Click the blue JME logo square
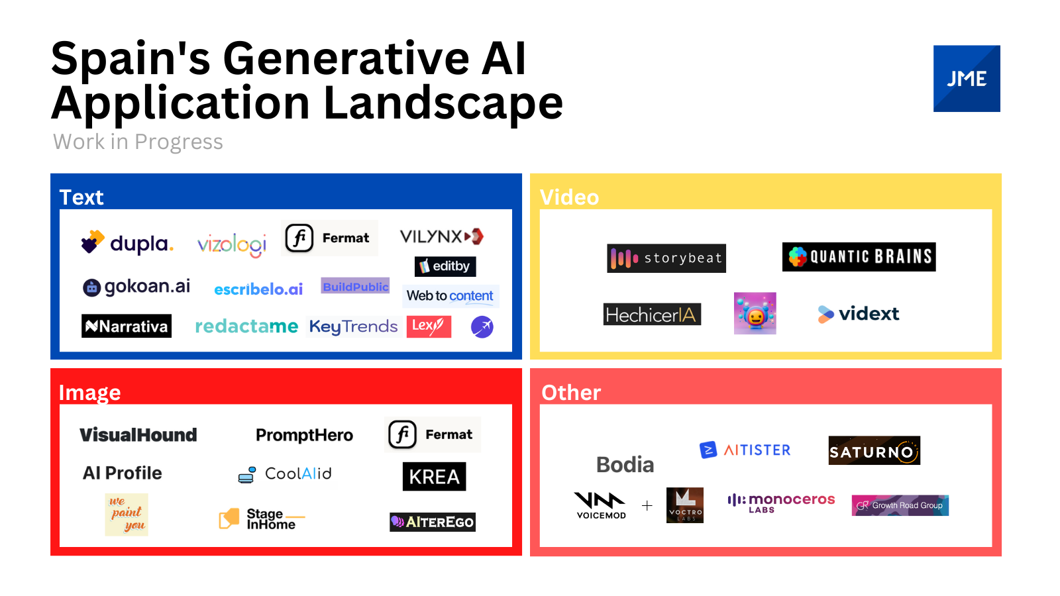967,79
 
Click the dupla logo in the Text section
127,243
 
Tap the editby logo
445,266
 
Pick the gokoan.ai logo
136,287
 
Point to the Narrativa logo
127,326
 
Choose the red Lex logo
429,326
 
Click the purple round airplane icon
482,326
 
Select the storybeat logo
666,258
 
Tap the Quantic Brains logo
859,257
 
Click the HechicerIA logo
652,315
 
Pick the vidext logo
859,314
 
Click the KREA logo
434,476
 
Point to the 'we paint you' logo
127,515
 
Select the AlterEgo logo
433,522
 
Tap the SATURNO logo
874,451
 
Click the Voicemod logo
600,505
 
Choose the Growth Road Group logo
900,505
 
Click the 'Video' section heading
569,197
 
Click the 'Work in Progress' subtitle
138,142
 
